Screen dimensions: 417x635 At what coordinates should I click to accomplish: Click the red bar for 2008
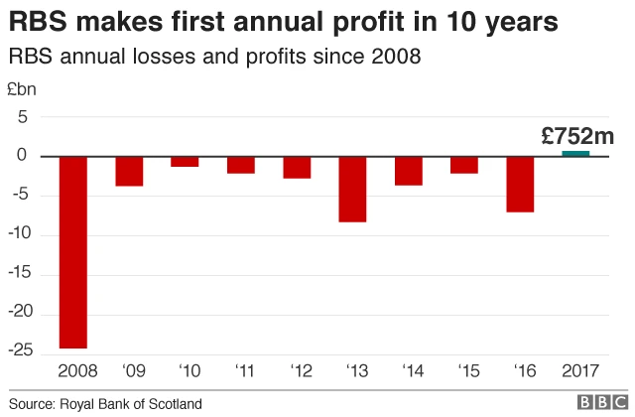pyautogui.click(x=73, y=252)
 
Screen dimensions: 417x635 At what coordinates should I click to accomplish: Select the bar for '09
pyautogui.click(x=129, y=171)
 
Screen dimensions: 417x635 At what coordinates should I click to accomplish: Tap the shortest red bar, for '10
pyautogui.click(x=185, y=161)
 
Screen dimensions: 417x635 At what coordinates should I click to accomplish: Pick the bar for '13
pyautogui.click(x=352, y=189)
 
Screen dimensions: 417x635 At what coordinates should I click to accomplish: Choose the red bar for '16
pyautogui.click(x=520, y=184)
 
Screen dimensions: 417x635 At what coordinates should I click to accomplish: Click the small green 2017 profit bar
pyautogui.click(x=575, y=153)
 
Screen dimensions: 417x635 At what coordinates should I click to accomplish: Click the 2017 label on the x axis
pyautogui.click(x=576, y=371)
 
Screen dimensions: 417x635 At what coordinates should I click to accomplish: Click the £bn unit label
pyautogui.click(x=22, y=89)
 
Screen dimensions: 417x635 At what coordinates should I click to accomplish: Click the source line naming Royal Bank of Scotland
pyautogui.click(x=105, y=403)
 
